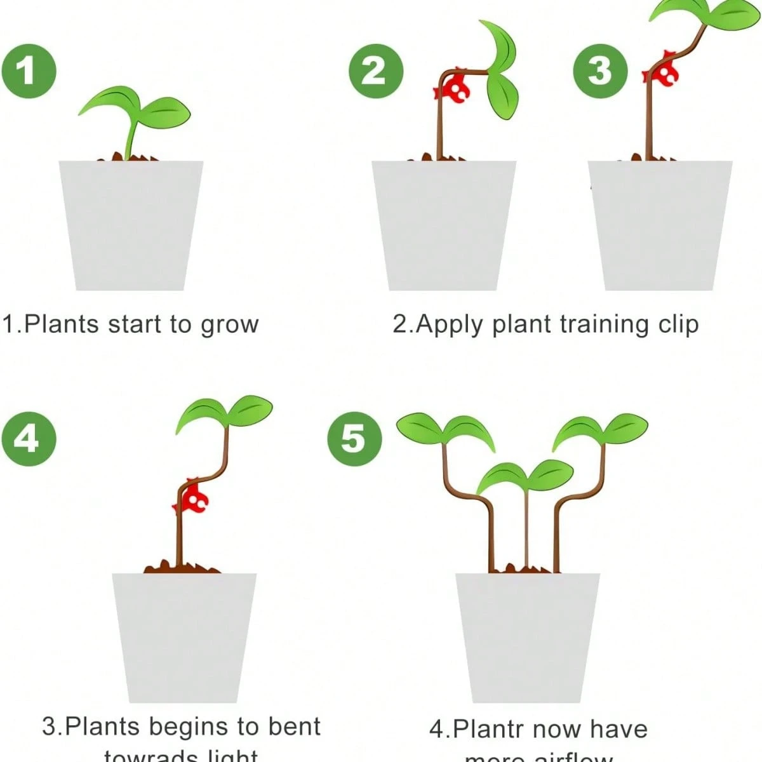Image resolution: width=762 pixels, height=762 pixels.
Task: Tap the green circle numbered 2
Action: coord(375,71)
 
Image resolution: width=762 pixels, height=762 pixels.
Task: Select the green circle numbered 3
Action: coord(600,71)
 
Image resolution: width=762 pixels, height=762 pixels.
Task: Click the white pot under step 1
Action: coord(130,225)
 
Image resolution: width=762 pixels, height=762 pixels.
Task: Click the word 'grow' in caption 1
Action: coord(229,325)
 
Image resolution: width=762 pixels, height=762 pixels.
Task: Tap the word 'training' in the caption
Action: coord(605,325)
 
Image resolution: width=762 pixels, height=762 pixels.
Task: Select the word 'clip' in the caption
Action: coord(678,325)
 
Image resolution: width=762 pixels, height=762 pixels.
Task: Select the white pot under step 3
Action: coord(660,225)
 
